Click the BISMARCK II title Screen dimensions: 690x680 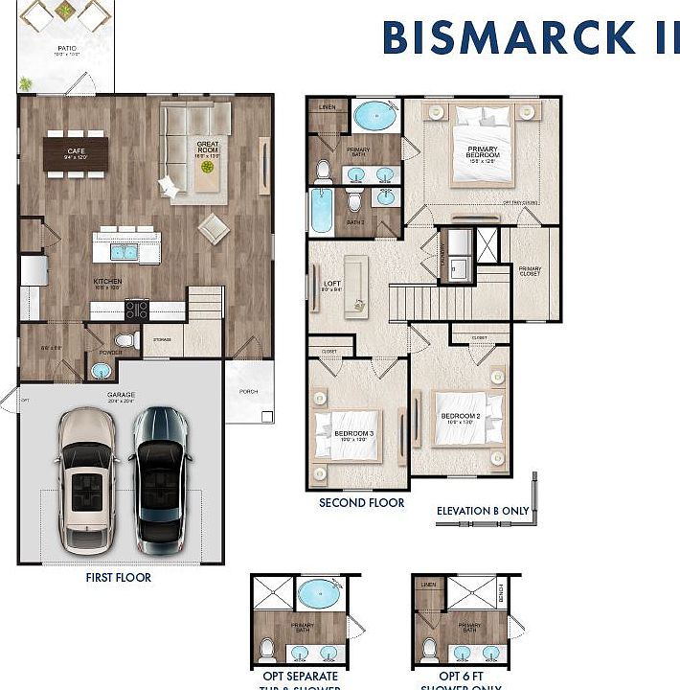pyautogui.click(x=530, y=37)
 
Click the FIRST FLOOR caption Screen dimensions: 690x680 pyautogui.click(x=119, y=578)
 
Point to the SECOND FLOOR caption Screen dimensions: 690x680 pyautogui.click(x=362, y=502)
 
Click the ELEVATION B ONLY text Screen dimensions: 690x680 pyautogui.click(x=482, y=511)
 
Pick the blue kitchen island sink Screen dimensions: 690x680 pyautogui.click(x=124, y=251)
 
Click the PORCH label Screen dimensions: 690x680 pyautogui.click(x=248, y=390)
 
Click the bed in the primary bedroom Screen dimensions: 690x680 pyautogui.click(x=484, y=146)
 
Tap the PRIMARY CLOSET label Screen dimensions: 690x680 pyautogui.click(x=530, y=271)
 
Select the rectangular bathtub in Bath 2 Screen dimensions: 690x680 pyautogui.click(x=321, y=210)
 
